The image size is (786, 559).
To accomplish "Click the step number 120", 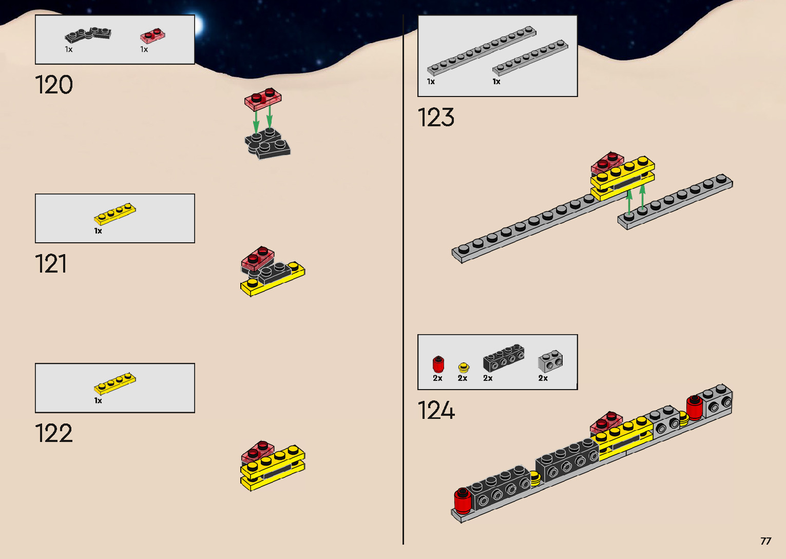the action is (x=54, y=85).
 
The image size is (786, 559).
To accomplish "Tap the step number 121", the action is (x=51, y=264).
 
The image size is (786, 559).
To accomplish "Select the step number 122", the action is (x=54, y=433).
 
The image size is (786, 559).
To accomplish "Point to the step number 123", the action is (x=436, y=118).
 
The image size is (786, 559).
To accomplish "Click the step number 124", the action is (x=436, y=411).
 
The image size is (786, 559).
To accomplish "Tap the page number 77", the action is (x=765, y=541).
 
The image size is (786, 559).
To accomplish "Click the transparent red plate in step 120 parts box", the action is (x=152, y=36).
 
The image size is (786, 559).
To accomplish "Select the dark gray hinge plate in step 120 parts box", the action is (x=88, y=35).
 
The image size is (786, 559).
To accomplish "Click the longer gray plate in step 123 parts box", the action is (x=482, y=50).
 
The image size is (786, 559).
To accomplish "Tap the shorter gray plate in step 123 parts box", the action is (x=530, y=57).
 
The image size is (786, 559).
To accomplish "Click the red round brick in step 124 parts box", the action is (x=438, y=364).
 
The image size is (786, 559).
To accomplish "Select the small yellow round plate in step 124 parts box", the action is (x=464, y=367).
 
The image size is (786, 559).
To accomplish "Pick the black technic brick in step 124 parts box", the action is (x=504, y=358).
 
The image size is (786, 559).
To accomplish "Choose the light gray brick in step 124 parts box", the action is (x=550, y=361).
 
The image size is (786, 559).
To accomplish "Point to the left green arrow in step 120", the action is (x=256, y=121).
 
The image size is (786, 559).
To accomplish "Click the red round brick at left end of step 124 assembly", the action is (x=462, y=500).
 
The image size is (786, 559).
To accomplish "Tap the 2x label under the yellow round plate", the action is (x=463, y=378).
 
